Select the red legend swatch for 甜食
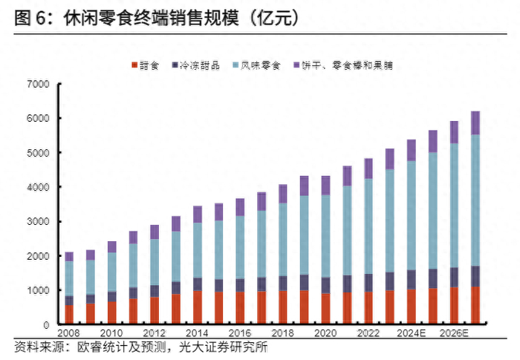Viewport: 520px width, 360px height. pyautogui.click(x=134, y=65)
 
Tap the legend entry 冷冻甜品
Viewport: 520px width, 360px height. pyautogui.click(x=199, y=65)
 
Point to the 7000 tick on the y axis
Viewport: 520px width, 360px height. pyautogui.click(x=37, y=84)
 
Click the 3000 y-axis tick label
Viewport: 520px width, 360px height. pyautogui.click(x=37, y=221)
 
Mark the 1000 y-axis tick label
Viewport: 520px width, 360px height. pyautogui.click(x=37, y=290)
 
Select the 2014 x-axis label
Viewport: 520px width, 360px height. pyautogui.click(x=197, y=333)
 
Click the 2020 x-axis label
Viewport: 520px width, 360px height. pyautogui.click(x=325, y=333)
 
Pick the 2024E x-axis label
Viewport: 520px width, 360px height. pyautogui.click(x=412, y=333)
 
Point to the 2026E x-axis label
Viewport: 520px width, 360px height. pyautogui.click(x=454, y=333)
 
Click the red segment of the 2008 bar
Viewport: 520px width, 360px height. pyautogui.click(x=69, y=315)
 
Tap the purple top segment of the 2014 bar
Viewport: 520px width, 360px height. pyautogui.click(x=197, y=215)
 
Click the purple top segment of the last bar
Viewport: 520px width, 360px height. pyautogui.click(x=475, y=122)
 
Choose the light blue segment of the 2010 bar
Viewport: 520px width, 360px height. pyautogui.click(x=112, y=272)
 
